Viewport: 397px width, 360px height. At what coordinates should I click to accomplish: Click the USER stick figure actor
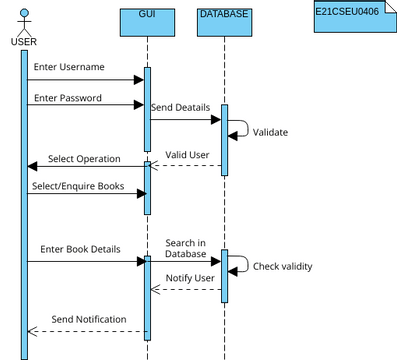[x=23, y=20]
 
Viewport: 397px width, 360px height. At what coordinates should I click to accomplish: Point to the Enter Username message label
[x=68, y=67]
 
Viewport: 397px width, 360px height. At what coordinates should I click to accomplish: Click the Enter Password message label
[x=67, y=99]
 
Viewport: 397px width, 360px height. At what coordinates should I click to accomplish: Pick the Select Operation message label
[x=84, y=159]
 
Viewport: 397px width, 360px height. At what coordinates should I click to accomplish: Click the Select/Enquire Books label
[x=78, y=185]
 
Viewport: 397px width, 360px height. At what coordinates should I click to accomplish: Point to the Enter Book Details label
[x=81, y=247]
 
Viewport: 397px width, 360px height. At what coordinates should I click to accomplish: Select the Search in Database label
[x=185, y=248]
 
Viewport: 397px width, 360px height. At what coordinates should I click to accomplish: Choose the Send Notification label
[x=89, y=319]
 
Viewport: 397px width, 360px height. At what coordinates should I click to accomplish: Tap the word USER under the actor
[x=23, y=41]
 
